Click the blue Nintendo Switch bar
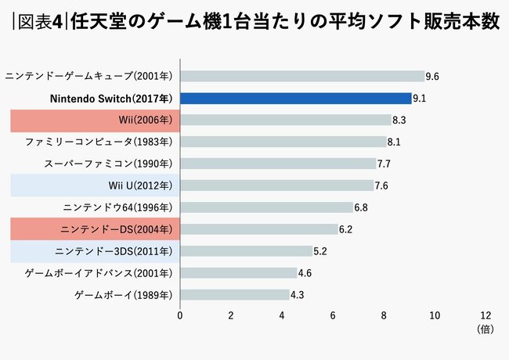point(296,98)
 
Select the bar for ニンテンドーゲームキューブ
point(302,76)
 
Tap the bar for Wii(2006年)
point(286,120)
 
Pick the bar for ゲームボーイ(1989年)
point(235,295)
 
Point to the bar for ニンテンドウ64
point(266,207)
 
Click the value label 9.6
point(431,77)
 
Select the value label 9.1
point(419,99)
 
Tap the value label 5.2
point(319,251)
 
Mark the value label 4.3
point(297,295)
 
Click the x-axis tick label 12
point(486,315)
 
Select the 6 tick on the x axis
point(333,315)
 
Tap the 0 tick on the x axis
point(180,315)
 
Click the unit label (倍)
point(486,330)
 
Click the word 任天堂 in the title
point(99,20)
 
